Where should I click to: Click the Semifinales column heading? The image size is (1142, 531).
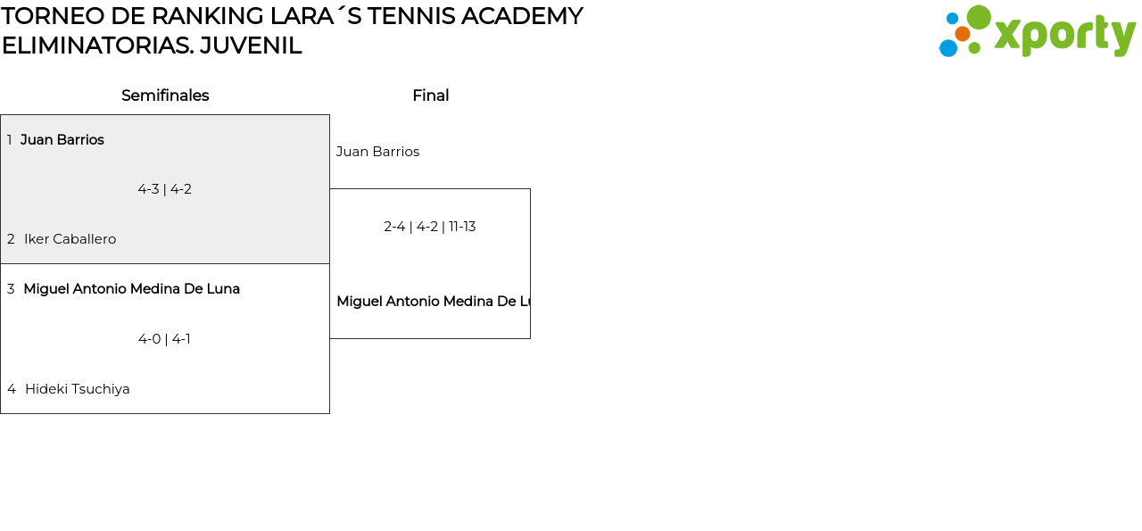(x=165, y=95)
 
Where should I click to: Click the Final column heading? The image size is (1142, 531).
(x=430, y=95)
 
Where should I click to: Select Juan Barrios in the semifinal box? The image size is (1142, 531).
(x=62, y=140)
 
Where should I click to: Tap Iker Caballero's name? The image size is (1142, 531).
(x=70, y=239)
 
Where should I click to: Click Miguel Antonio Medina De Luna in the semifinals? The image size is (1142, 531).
(x=131, y=289)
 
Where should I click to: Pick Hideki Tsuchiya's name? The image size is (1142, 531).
(x=77, y=389)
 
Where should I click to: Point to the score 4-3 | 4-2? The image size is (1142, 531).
(x=165, y=189)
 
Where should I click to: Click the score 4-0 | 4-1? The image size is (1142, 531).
(x=165, y=339)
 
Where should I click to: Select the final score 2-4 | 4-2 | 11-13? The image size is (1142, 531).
(x=430, y=227)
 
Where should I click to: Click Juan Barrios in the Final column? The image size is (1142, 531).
(x=377, y=152)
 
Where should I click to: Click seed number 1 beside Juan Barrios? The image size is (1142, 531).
(x=10, y=140)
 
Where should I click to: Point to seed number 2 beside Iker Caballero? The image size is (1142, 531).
(x=11, y=239)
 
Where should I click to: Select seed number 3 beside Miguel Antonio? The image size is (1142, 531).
(x=11, y=289)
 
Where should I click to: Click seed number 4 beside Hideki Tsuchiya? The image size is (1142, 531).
(x=11, y=389)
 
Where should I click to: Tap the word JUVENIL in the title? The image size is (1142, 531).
(x=251, y=46)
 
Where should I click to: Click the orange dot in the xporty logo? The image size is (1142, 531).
(x=962, y=34)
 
